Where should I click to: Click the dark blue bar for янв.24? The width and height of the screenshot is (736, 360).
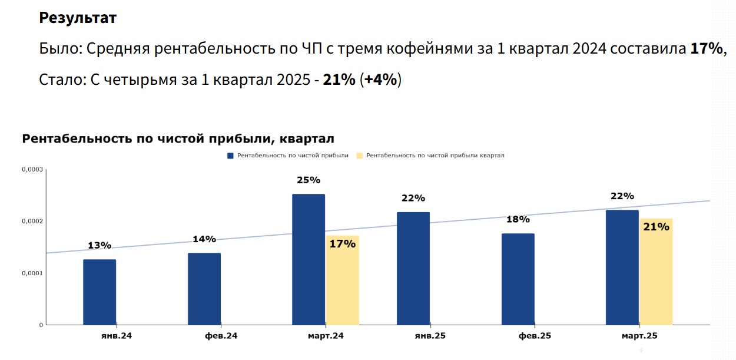click(100, 292)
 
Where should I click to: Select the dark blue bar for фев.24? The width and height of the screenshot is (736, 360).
click(204, 289)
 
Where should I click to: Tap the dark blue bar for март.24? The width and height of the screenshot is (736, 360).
click(309, 259)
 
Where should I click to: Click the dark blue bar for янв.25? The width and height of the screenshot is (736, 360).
click(413, 268)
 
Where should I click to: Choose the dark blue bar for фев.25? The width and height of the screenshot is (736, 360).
click(518, 279)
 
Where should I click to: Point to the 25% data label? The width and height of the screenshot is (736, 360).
click(309, 180)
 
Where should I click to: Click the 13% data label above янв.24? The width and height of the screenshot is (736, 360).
click(100, 245)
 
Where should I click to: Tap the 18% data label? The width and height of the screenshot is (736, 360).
click(518, 219)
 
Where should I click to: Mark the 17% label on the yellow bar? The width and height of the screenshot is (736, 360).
click(343, 243)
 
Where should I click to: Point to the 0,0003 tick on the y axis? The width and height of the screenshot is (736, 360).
click(32, 170)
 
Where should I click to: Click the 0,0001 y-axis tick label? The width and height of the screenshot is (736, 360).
click(32, 273)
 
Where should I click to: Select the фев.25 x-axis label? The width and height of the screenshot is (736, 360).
click(535, 336)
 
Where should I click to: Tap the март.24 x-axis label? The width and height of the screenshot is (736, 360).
click(325, 336)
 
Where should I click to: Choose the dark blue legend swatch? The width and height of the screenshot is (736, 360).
click(231, 156)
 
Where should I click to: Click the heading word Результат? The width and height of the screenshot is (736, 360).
click(78, 18)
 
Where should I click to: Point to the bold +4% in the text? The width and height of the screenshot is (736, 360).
click(380, 80)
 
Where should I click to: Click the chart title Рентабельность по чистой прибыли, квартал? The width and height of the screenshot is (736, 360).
click(178, 139)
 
